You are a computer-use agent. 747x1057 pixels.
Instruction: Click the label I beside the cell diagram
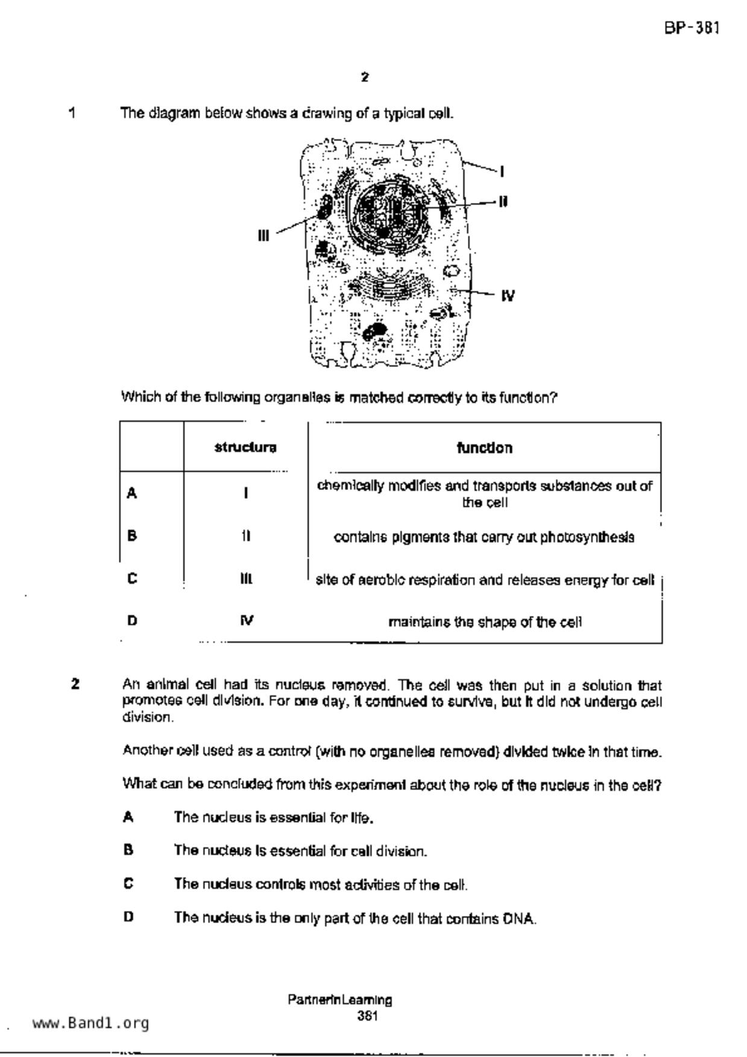[x=502, y=172]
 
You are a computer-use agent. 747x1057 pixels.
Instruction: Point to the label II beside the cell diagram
[x=503, y=201]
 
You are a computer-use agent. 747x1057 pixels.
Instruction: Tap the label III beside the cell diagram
[x=263, y=236]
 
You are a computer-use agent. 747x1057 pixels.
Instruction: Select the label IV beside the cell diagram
[x=508, y=296]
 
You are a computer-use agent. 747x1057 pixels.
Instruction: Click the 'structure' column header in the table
[x=245, y=448]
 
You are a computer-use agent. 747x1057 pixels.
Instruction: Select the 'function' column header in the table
[x=484, y=448]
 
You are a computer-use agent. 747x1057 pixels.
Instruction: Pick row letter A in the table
[x=132, y=494]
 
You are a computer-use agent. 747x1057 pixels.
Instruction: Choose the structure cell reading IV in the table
[x=246, y=621]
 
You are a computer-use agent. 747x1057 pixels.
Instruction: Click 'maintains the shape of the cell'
[x=485, y=622]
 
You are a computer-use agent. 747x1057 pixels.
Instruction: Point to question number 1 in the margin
[x=72, y=113]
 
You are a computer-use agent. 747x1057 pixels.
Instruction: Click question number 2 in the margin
[x=75, y=684]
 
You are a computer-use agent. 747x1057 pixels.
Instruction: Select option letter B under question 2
[x=128, y=850]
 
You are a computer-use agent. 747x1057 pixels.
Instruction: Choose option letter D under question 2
[x=128, y=917]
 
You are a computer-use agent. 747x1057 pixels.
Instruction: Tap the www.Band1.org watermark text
[x=90, y=1023]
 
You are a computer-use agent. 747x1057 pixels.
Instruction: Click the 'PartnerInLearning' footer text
[x=340, y=1000]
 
